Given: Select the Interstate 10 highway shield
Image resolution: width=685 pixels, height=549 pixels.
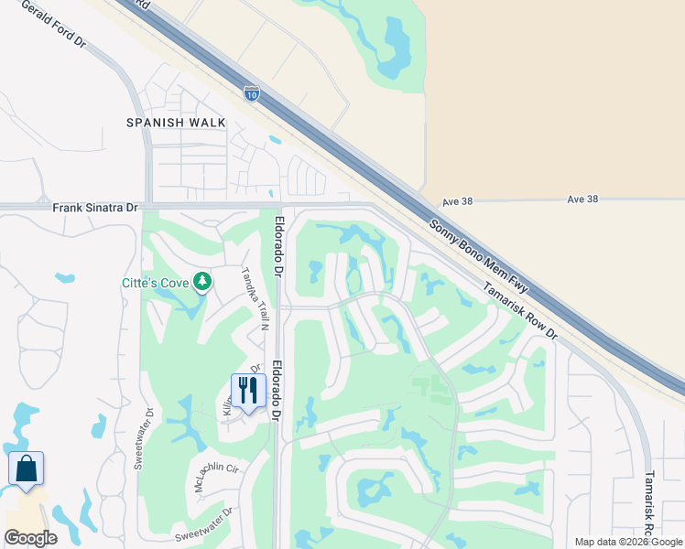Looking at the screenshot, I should (x=252, y=92).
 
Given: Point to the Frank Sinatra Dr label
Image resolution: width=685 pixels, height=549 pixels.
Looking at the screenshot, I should (x=94, y=208).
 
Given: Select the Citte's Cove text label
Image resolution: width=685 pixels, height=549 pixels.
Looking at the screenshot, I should (x=156, y=283).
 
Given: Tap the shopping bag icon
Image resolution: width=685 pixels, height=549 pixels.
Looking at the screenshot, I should (x=26, y=468).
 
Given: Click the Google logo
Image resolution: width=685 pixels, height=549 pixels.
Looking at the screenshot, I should (x=30, y=538).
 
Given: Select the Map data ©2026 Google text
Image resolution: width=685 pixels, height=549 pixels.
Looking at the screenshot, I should (x=627, y=543).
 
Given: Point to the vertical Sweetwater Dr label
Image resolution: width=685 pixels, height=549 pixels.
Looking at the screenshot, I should (x=140, y=444).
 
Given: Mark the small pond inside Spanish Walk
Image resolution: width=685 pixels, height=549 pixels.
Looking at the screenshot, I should (x=276, y=140).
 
